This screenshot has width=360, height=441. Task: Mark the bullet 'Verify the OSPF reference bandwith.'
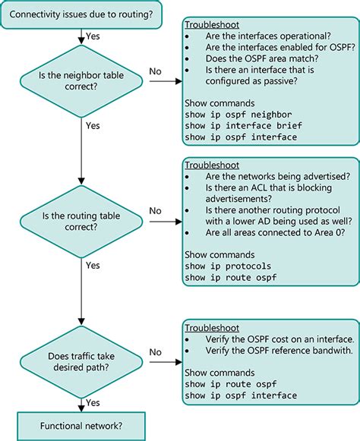point(276,351)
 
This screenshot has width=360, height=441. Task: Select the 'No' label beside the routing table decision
point(155,209)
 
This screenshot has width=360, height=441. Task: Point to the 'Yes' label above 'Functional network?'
point(93,402)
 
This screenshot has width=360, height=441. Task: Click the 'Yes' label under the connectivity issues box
point(93,36)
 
